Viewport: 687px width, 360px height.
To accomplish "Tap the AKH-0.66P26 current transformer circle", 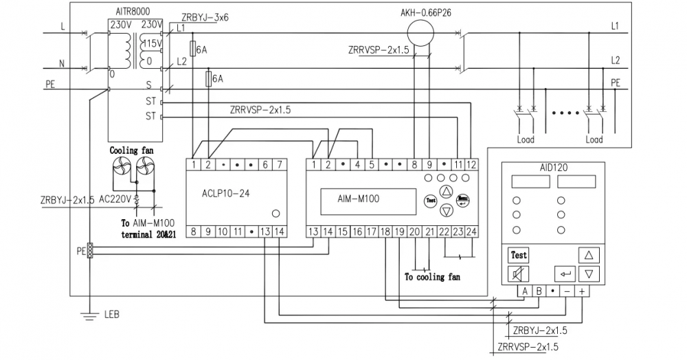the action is click(420, 33).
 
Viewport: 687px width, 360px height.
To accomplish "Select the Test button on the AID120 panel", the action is click(518, 255).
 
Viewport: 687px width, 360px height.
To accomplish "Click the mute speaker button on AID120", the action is click(518, 273).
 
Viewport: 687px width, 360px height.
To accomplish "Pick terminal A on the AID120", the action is click(524, 291).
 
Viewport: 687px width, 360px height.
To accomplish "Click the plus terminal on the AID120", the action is click(582, 291).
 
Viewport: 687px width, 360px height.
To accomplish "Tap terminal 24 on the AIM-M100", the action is click(471, 232).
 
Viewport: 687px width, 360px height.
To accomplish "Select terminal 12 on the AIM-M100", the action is click(471, 165).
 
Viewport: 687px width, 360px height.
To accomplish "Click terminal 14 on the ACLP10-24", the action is click(280, 232).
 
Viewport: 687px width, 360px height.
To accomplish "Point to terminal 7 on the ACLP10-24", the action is click(280, 165).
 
